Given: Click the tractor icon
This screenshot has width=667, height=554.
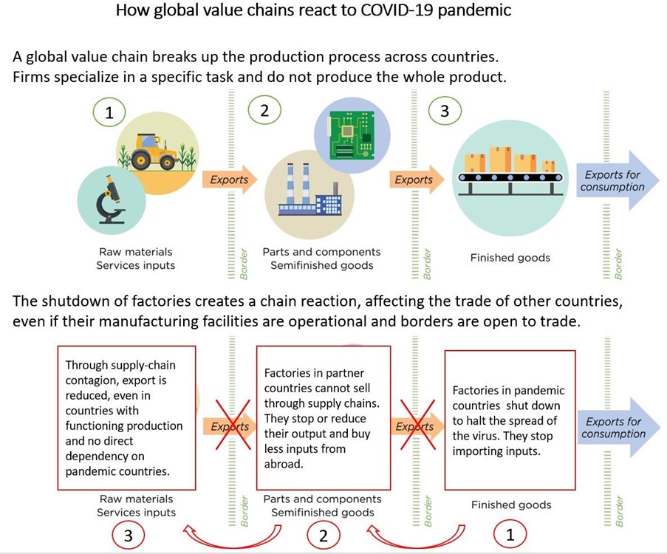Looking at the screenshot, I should (152, 151).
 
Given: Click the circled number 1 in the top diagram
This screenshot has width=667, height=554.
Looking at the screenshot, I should (109, 113).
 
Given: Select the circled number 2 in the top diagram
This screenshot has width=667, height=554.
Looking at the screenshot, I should (264, 111).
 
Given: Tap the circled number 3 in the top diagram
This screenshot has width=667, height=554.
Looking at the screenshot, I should (444, 111).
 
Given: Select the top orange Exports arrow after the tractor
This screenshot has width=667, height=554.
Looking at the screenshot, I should (229, 179).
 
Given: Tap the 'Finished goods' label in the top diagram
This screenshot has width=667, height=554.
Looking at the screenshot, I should (510, 259).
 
